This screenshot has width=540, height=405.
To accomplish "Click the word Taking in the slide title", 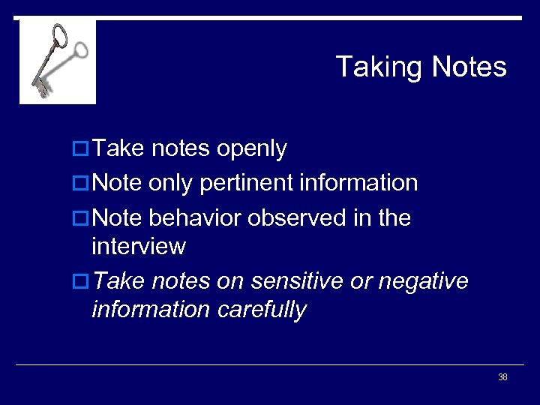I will pos(380,67).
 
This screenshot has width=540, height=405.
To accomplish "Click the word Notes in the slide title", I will pos(469,67).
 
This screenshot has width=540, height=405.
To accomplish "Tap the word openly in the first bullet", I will pos(251,148).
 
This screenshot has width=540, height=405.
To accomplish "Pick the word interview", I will pos(138,246).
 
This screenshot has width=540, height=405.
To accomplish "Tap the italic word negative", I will pos(423,280).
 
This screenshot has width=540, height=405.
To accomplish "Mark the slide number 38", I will pos(502,377).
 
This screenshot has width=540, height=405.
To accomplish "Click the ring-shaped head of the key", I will pos(59,35).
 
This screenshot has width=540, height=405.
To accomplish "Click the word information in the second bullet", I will pos(358,183).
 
